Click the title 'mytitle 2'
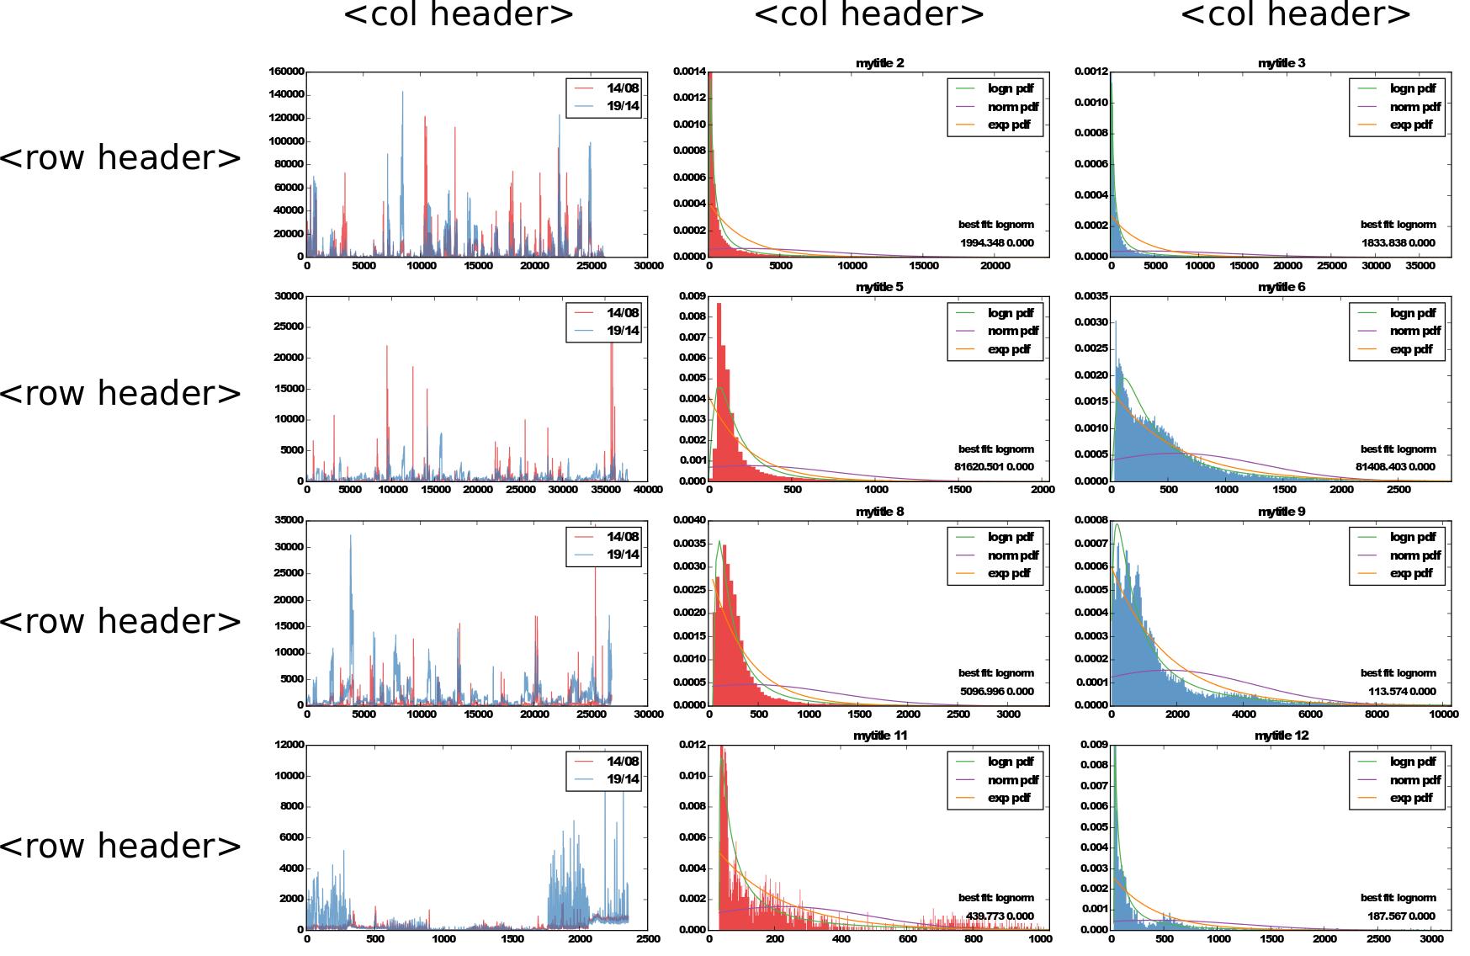point(879,63)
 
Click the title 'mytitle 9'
point(1282,512)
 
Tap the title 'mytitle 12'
point(1282,736)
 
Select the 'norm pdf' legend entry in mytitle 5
point(1012,331)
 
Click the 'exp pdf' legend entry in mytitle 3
point(1411,125)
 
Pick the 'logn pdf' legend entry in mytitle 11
point(1011,762)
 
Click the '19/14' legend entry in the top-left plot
point(623,106)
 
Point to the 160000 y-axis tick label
point(286,72)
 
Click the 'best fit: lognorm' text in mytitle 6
point(1398,449)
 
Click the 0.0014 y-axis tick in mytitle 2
point(689,72)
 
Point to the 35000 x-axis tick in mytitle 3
point(1420,266)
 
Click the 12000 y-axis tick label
point(289,745)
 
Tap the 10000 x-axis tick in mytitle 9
point(1443,714)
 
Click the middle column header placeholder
point(868,14)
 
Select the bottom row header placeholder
point(120,845)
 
